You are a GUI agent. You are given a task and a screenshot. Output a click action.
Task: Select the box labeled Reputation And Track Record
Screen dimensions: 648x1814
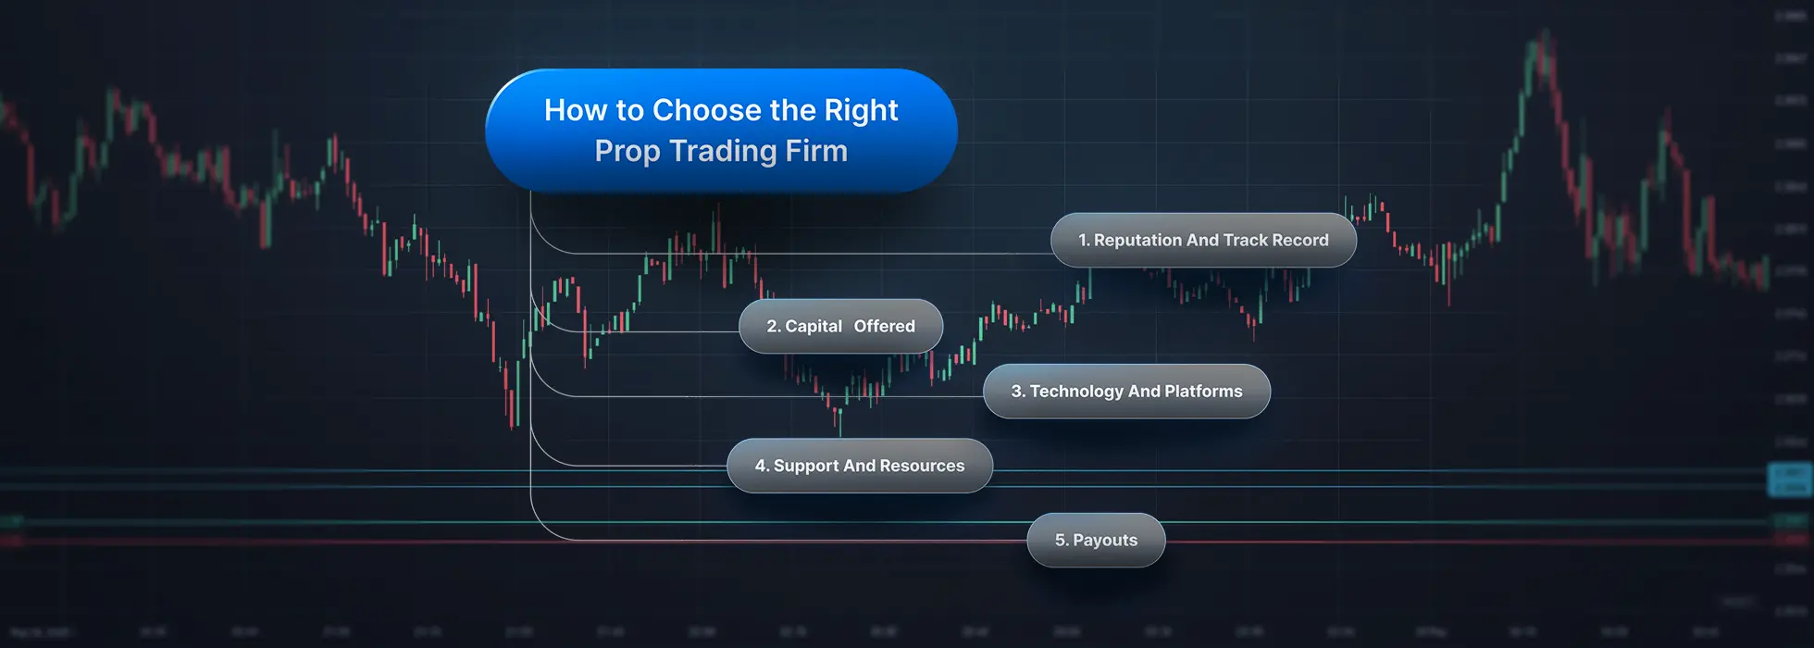coord(1203,241)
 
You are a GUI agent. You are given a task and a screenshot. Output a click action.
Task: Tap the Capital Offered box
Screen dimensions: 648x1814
coord(840,327)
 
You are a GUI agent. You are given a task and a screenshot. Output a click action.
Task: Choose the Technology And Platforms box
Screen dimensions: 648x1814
coord(1126,392)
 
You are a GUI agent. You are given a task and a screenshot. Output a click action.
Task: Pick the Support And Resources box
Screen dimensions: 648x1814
coord(860,467)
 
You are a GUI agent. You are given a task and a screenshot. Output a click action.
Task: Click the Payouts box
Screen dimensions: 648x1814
coord(1096,541)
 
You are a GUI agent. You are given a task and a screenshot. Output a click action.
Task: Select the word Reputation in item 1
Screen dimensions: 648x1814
coord(1137,241)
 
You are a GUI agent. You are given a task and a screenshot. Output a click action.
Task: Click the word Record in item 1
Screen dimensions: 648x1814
coord(1300,241)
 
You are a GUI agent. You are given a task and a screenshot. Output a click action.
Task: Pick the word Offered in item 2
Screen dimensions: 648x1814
coord(884,327)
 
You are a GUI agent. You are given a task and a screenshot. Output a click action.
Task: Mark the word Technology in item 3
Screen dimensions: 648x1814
coord(1075,392)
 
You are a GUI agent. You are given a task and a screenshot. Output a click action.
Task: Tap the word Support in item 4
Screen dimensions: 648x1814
coord(806,467)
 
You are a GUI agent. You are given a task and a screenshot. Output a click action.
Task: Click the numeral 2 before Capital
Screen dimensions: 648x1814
coord(772,327)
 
